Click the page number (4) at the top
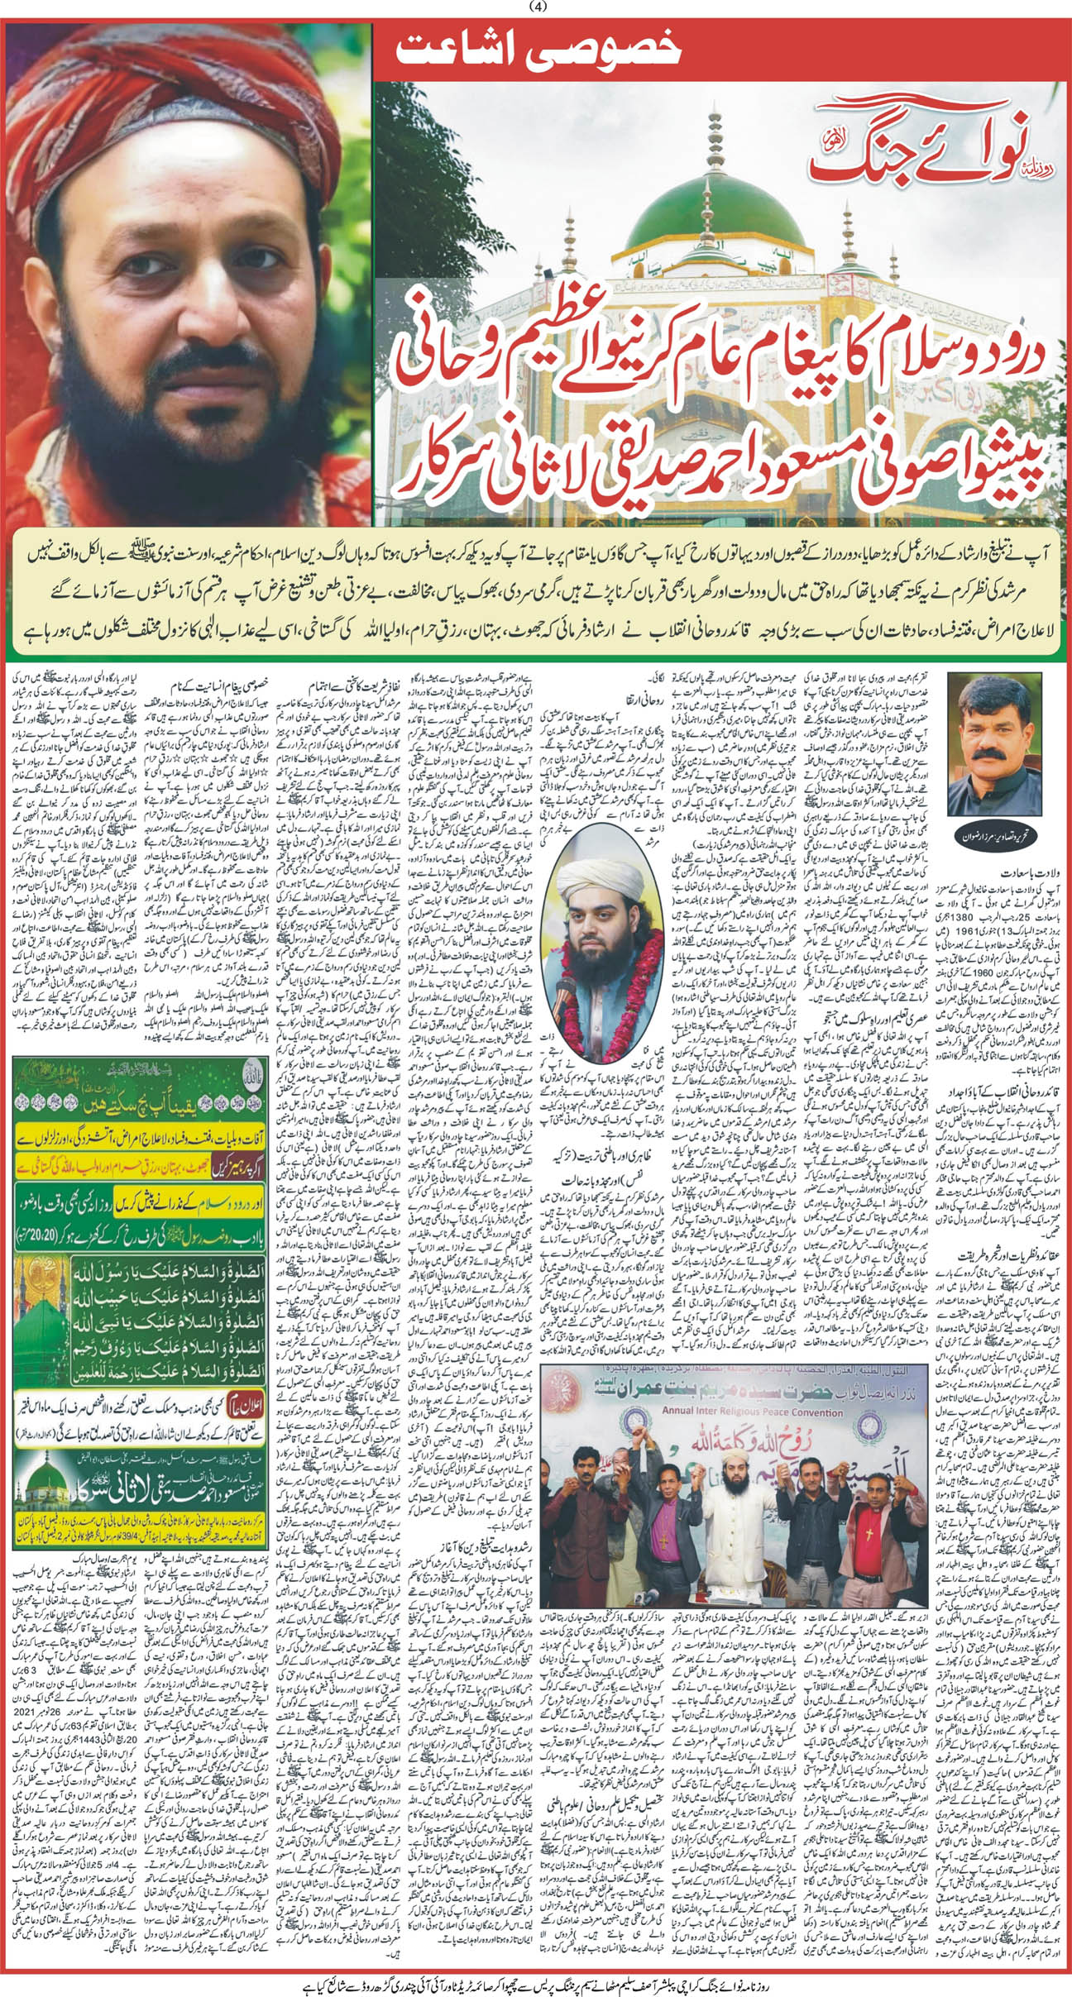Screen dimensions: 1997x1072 point(536,7)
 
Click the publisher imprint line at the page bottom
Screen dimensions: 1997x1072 point(536,1983)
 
